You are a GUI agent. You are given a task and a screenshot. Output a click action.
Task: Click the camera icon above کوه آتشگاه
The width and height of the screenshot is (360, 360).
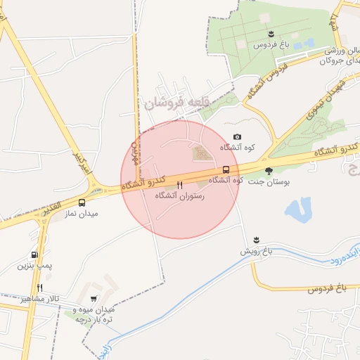coord(237,137)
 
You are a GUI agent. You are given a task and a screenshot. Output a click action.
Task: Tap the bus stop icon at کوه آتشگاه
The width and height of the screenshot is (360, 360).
coord(226,169)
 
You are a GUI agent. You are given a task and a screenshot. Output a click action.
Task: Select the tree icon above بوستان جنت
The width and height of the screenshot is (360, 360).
coord(269,170)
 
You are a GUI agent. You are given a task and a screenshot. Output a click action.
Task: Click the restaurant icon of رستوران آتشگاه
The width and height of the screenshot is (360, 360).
coord(180,186)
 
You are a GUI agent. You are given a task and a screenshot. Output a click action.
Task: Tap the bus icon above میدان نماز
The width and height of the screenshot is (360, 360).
coord(83,202)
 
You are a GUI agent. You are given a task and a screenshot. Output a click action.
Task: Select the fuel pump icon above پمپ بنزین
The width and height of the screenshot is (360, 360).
coord(34,256)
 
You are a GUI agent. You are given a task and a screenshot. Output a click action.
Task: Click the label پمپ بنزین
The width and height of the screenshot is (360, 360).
coord(37,266)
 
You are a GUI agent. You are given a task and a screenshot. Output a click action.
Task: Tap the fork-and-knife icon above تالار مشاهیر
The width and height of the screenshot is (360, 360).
coord(40,288)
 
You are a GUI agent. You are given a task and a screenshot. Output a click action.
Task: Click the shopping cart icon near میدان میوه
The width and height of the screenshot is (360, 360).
coord(94,299)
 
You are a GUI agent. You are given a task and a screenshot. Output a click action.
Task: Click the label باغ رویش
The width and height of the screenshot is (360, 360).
coord(257,250)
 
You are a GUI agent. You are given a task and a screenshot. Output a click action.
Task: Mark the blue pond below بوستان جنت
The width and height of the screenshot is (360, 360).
coord(299,209)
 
